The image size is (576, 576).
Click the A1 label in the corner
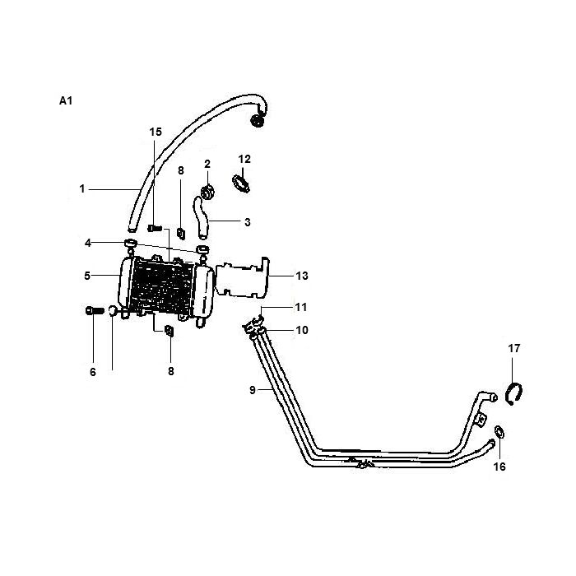pos(67,101)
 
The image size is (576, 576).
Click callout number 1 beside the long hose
pos(82,189)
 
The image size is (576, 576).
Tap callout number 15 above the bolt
pos(156,132)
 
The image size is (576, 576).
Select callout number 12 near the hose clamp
pos(244,158)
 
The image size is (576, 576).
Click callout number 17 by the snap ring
pos(514,349)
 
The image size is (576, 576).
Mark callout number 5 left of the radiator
pos(86,276)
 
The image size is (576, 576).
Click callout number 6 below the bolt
pos(93,372)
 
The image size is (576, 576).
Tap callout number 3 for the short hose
pos(247,221)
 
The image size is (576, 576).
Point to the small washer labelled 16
pos(500,432)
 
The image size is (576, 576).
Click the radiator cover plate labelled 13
pos(244,280)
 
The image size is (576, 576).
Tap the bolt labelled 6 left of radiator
pos(92,310)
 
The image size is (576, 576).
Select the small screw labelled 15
pos(154,227)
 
